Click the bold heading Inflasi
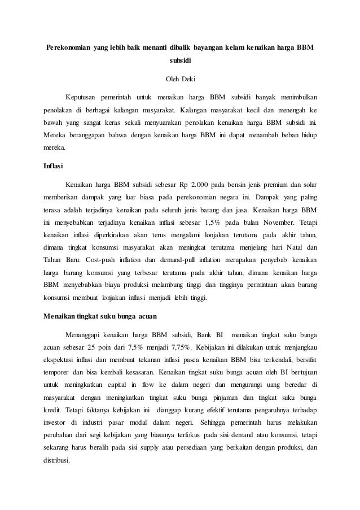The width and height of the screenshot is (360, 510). click(54, 167)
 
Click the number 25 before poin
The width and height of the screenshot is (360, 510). click(91, 344)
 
